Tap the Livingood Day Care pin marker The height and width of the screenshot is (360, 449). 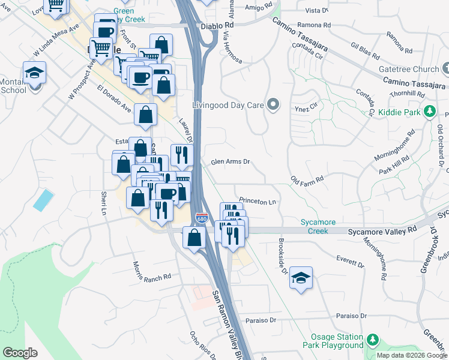pyautogui.click(x=274, y=105)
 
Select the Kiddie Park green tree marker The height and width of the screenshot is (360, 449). pyautogui.click(x=429, y=111)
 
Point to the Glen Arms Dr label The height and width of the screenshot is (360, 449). pyautogui.click(x=230, y=162)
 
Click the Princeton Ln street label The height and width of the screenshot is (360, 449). pyautogui.click(x=257, y=202)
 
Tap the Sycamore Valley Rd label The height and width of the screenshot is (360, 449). pyautogui.click(x=382, y=230)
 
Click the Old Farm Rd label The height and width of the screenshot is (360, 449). pyautogui.click(x=307, y=179)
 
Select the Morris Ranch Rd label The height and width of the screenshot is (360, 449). pyautogui.click(x=152, y=277)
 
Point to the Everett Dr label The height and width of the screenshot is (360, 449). pyautogui.click(x=351, y=261)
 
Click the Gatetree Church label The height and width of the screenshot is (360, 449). pyautogui.click(x=410, y=69)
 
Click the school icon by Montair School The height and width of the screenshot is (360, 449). pyautogui.click(x=35, y=73)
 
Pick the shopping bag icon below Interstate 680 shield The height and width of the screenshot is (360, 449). pyautogui.click(x=193, y=238)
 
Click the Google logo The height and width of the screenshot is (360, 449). pyautogui.click(x=20, y=353)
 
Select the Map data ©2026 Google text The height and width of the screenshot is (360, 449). pyautogui.click(x=412, y=355)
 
